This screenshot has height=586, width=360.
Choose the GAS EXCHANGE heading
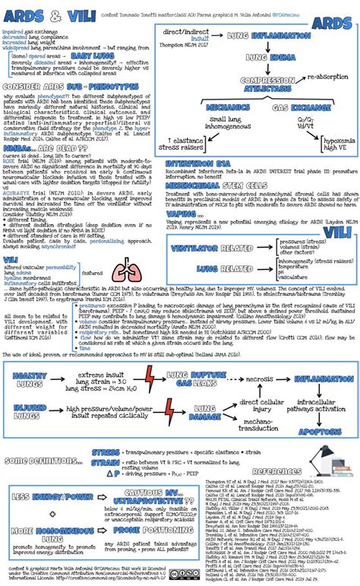pos(292,128)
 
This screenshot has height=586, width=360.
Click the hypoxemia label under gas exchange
pos(335,163)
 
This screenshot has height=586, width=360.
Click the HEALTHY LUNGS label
pos(30,379)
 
